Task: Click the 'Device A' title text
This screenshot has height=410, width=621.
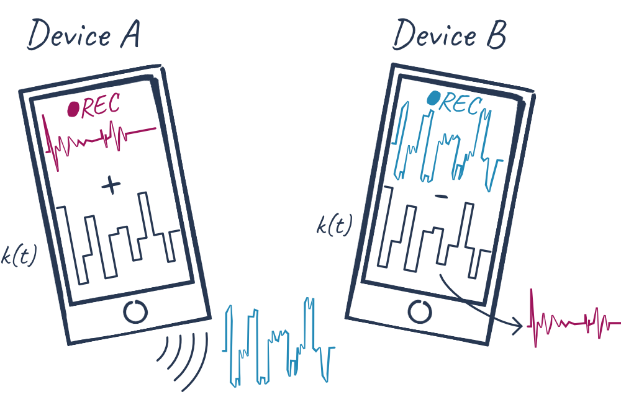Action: click(x=83, y=37)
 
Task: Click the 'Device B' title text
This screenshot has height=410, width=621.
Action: click(x=448, y=35)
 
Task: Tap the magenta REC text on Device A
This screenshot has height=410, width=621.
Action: click(x=100, y=107)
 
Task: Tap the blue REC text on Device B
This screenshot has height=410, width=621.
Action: click(x=460, y=104)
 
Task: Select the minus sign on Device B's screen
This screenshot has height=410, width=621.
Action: click(x=441, y=197)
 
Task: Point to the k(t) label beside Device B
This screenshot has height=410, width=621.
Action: click(x=333, y=226)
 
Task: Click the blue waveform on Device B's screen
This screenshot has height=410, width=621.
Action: click(x=446, y=146)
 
